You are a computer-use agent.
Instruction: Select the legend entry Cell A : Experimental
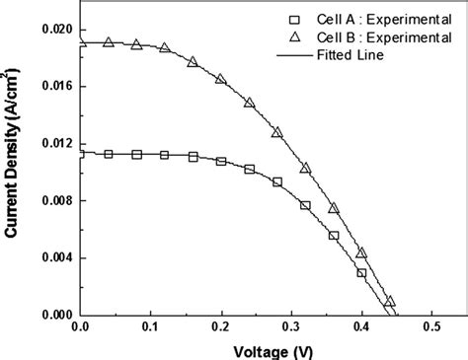tap(364, 20)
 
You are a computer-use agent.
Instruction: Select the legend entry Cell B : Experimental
tap(364, 37)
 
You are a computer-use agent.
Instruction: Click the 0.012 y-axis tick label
tap(55, 144)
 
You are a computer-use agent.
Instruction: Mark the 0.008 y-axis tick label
tap(55, 201)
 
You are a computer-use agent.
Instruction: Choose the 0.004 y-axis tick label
tap(55, 258)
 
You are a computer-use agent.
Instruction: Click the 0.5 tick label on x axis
tap(430, 327)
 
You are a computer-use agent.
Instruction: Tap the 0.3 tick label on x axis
tap(290, 327)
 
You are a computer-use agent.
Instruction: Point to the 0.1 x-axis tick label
tap(150, 327)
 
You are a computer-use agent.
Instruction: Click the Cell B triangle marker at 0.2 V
tap(220, 78)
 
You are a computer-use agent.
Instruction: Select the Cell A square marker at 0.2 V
tap(220, 161)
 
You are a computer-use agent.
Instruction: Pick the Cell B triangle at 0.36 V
tap(334, 207)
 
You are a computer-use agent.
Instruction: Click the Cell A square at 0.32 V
tap(305, 205)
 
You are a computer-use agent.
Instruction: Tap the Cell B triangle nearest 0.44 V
tap(390, 301)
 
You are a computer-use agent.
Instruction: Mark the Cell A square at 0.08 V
tap(136, 155)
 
